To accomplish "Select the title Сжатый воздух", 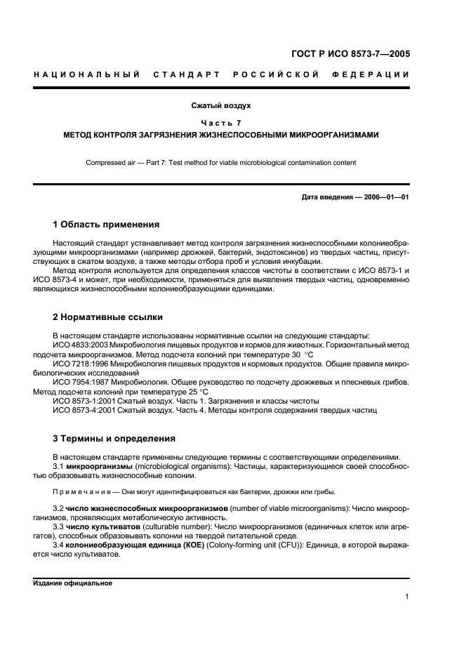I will pyautogui.click(x=221, y=106).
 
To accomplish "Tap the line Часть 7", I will pyautogui.click(x=221, y=123).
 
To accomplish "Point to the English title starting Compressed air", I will pyautogui.click(x=221, y=163).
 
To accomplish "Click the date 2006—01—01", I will pyautogui.click(x=385, y=197).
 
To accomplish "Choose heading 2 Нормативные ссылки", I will pyautogui.click(x=108, y=317).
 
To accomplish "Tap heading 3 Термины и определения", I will pyautogui.click(x=114, y=439).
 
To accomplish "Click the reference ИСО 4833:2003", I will pyautogui.click(x=84, y=345).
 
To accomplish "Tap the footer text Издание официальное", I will pyautogui.click(x=72, y=583).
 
